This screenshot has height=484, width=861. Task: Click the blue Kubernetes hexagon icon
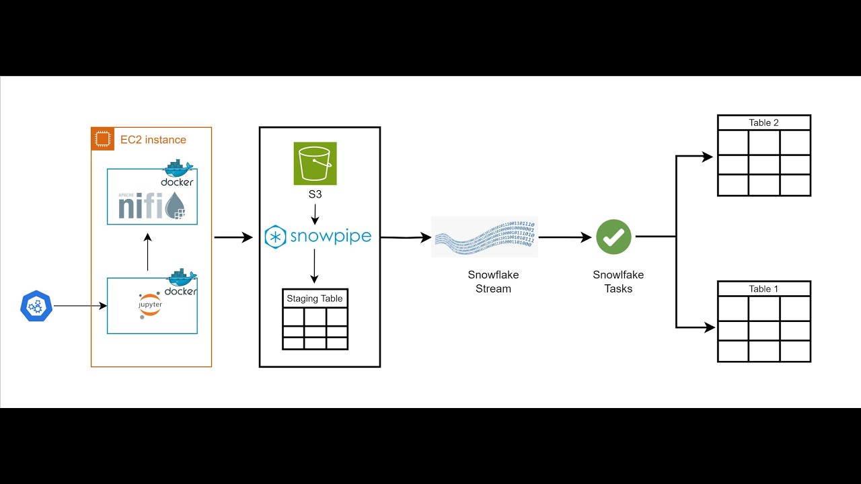(x=36, y=307)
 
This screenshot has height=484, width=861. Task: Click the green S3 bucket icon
(x=315, y=163)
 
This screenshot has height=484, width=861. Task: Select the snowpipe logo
(x=318, y=237)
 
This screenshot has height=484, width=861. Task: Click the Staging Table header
(x=315, y=298)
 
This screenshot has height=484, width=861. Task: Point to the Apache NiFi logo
(x=152, y=204)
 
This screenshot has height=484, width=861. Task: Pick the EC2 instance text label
(x=153, y=140)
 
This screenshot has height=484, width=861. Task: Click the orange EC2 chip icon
(x=102, y=139)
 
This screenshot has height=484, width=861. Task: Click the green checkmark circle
(x=613, y=237)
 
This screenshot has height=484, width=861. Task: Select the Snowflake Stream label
(x=493, y=282)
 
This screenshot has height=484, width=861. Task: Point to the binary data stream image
(x=484, y=236)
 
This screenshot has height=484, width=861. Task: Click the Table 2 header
(x=763, y=123)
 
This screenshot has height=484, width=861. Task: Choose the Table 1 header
(x=763, y=289)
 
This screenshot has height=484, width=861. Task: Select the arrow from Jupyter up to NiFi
(x=148, y=252)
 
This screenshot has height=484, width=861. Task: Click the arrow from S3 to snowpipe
(x=315, y=214)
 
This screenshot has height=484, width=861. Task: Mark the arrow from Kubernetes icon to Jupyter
(x=80, y=306)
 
